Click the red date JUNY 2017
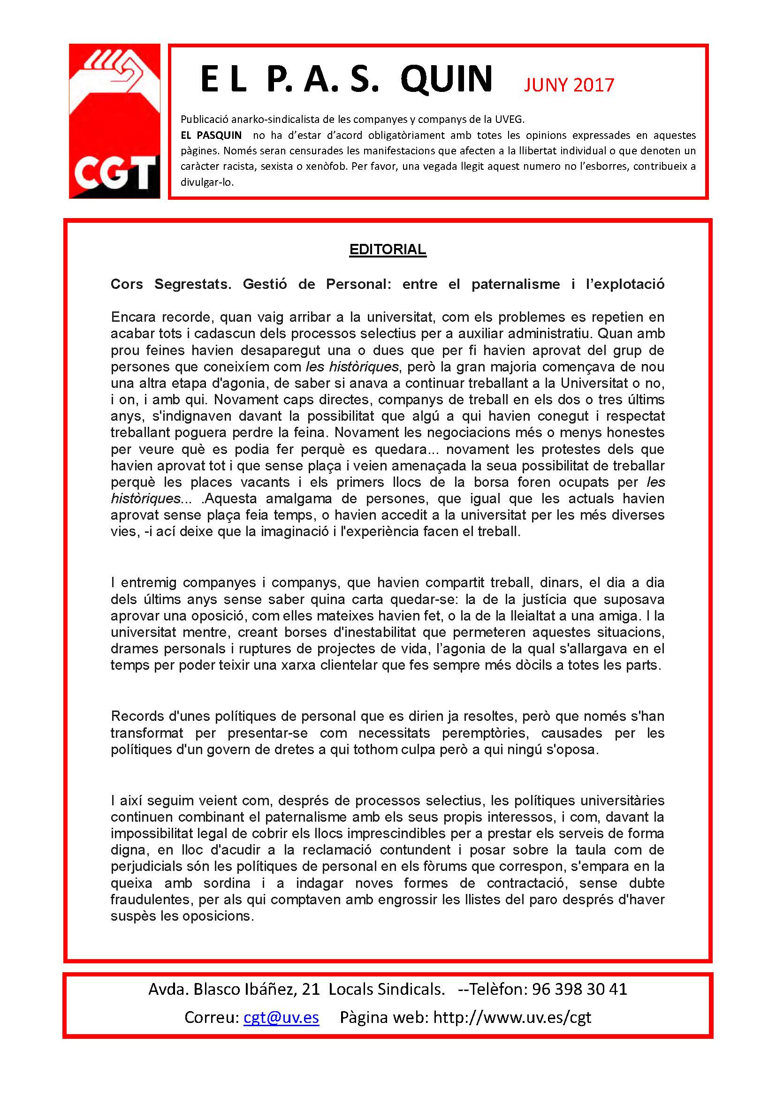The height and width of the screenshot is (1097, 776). coord(569,85)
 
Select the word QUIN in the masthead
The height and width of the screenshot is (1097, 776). coord(446,79)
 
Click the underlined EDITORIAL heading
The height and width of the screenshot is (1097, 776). coord(388,250)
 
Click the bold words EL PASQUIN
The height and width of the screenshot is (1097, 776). coord(211,135)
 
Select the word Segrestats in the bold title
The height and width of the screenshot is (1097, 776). coord(192,284)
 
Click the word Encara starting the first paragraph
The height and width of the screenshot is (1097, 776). coord(133,317)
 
